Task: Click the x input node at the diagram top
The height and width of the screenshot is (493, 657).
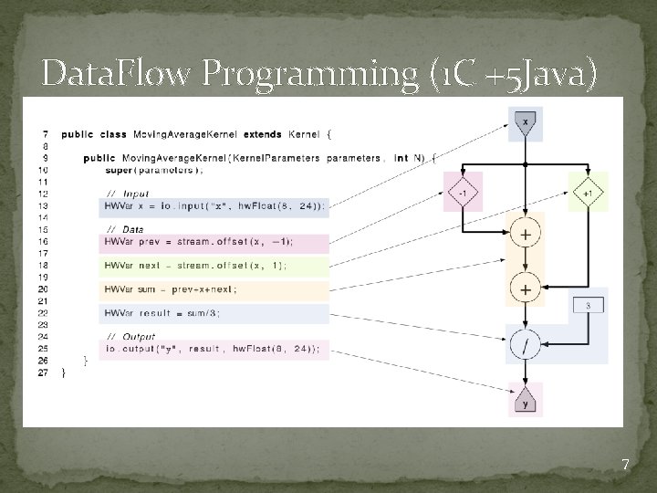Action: [x=525, y=121]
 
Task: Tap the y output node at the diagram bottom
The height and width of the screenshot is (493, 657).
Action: [x=525, y=402]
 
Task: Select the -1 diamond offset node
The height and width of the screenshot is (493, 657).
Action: [x=464, y=193]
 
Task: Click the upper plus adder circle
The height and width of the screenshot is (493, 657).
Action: [x=526, y=235]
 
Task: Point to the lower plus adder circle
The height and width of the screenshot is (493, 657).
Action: [x=526, y=288]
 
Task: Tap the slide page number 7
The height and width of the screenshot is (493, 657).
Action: [x=625, y=465]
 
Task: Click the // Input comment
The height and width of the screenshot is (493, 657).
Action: [x=129, y=194]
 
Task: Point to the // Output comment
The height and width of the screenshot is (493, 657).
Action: [x=131, y=336]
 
